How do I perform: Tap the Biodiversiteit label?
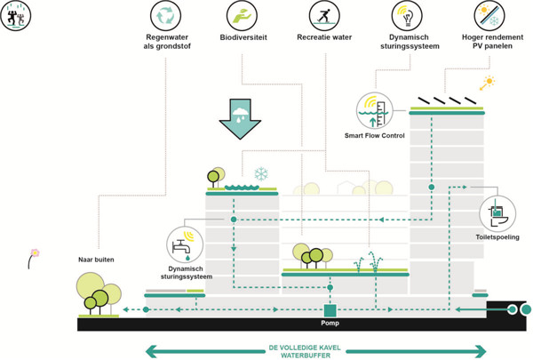[243, 37]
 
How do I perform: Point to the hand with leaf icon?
[243, 15]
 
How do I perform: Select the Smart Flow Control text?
[375, 135]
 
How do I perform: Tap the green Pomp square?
[330, 310]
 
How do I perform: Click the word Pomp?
[330, 323]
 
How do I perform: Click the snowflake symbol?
[261, 173]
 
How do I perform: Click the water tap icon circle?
[184, 245]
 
